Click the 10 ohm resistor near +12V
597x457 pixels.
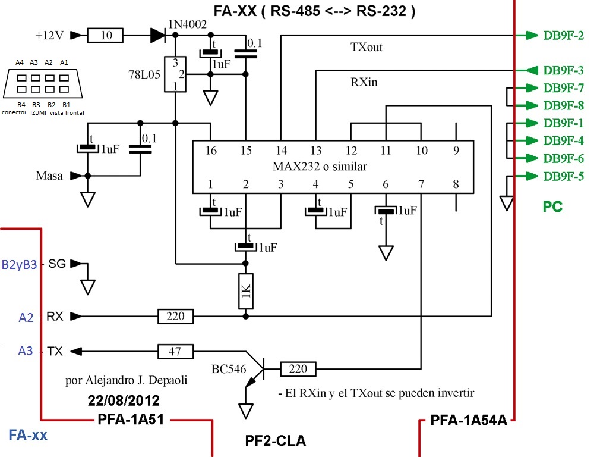[x=105, y=35]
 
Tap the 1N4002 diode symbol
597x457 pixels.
[x=159, y=35]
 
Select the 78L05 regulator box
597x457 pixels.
[x=175, y=74]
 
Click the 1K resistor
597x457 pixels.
[x=246, y=291]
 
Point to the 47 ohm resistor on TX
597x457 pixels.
[x=175, y=351]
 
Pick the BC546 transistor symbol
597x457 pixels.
[x=254, y=370]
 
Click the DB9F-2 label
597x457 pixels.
[x=563, y=36]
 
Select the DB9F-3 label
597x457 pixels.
[x=563, y=71]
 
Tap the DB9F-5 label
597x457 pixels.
[x=563, y=176]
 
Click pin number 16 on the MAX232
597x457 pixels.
[x=211, y=151]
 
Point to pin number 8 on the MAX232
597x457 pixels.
[x=456, y=184]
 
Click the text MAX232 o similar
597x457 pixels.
[x=320, y=167]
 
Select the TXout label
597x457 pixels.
[x=367, y=47]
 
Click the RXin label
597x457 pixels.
[x=364, y=82]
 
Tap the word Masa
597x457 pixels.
[x=49, y=176]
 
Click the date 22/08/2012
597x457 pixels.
[x=124, y=400]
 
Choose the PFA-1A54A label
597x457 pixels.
[x=469, y=420]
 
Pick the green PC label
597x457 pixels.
[x=552, y=206]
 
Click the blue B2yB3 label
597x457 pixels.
[x=20, y=265]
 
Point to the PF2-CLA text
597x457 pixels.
[x=275, y=440]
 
